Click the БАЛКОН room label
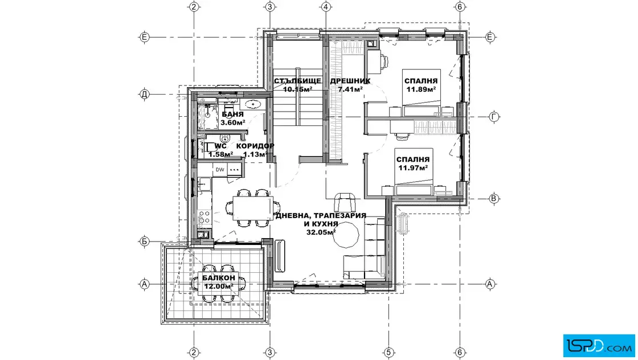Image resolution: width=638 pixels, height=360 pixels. point(219,278)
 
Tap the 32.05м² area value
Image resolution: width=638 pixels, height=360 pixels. point(321,232)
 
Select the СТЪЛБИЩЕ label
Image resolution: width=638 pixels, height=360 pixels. point(297,80)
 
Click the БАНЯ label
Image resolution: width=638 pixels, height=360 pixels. point(233,114)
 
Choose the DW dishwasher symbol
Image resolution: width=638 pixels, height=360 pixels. point(220,170)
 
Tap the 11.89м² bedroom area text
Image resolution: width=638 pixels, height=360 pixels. point(421,89)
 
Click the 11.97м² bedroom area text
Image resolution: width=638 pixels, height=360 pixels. point(413,167)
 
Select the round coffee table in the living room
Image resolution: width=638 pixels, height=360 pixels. point(346,235)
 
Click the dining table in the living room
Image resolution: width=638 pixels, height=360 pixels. point(253,208)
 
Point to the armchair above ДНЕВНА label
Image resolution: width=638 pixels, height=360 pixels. point(345,202)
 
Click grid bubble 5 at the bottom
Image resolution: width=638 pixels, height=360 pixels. point(388,352)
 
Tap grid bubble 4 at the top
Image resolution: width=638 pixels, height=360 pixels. point(325,7)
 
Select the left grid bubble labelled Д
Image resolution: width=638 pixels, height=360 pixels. point(145,95)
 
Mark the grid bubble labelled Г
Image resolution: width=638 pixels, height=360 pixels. point(494,117)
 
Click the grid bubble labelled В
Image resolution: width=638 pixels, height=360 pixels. point(494,199)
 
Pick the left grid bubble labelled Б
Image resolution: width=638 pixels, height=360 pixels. point(145,242)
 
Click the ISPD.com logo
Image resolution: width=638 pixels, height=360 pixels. point(599,346)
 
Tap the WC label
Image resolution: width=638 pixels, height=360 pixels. point(220,146)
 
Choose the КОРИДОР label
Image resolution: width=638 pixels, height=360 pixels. point(255,146)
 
